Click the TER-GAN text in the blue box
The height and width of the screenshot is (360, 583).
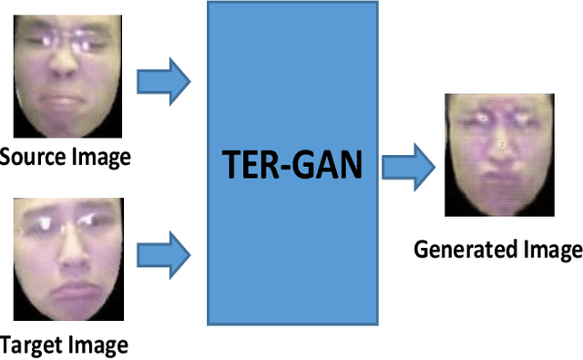pyautogui.click(x=293, y=165)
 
